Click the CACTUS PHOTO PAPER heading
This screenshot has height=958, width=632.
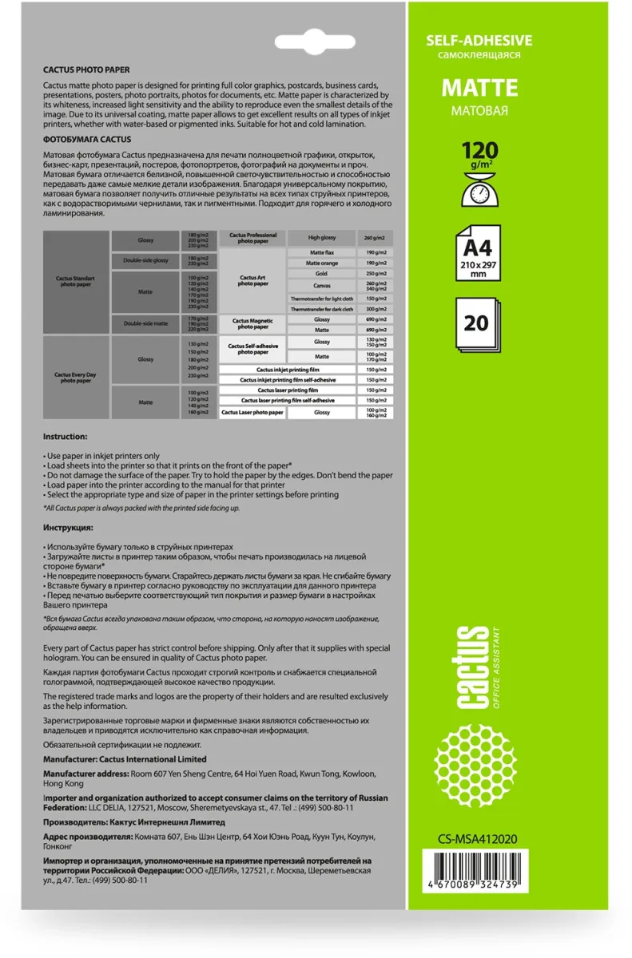tap(86, 70)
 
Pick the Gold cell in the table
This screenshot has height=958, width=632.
tap(321, 273)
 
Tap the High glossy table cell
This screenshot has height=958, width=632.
tap(321, 238)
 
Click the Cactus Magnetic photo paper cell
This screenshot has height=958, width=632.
tap(252, 323)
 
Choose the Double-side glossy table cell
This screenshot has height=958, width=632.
tap(145, 260)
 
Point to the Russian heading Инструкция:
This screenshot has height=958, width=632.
tap(68, 528)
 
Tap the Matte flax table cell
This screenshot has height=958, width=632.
tap(321, 252)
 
